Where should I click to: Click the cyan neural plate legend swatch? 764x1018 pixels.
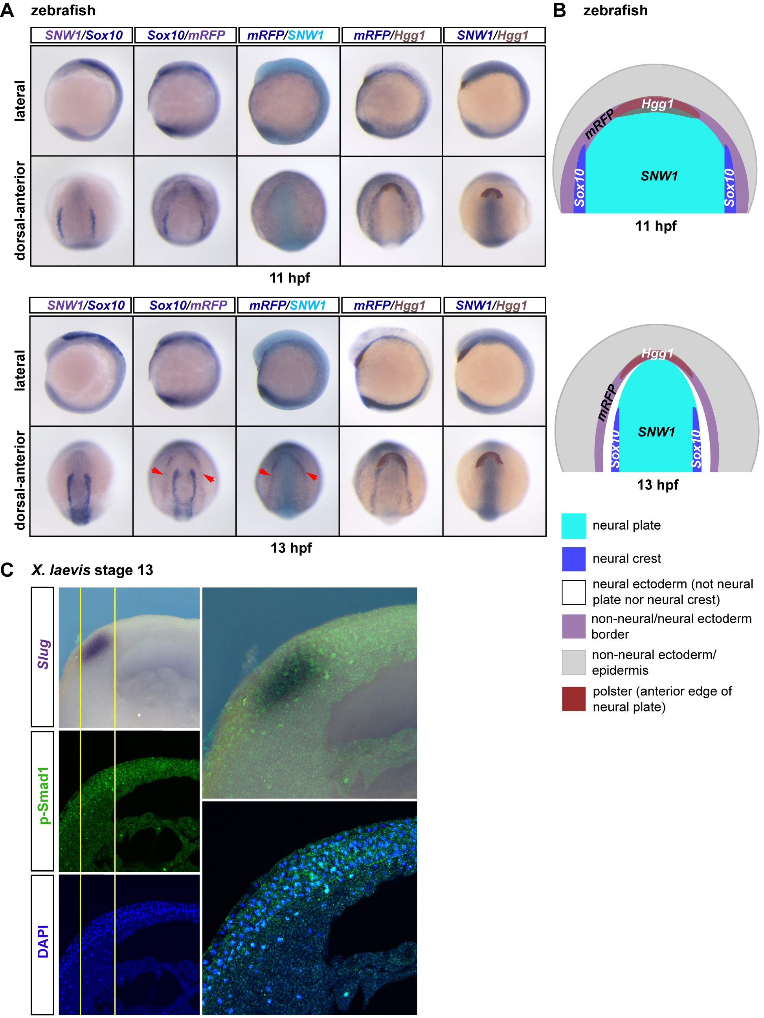(573, 526)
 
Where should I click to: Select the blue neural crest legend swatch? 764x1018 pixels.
(573, 559)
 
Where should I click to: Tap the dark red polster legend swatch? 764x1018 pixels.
(573, 699)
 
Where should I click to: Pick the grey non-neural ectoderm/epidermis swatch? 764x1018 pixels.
(573, 662)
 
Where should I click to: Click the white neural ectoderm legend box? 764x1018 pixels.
(573, 592)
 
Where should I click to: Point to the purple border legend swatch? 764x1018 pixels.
(573, 626)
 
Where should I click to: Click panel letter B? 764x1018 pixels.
(559, 10)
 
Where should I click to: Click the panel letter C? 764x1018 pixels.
(7, 570)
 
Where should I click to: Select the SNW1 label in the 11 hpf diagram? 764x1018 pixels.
(659, 176)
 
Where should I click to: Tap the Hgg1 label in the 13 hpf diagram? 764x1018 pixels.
(657, 353)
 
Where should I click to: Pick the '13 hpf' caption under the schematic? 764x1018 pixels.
(657, 484)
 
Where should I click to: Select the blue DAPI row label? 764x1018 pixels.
(43, 942)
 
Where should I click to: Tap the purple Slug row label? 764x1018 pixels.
(43, 653)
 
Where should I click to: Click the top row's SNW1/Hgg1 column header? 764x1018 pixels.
(493, 35)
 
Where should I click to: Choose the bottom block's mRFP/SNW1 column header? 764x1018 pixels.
(287, 305)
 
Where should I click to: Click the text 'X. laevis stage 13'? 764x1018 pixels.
(92, 570)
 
